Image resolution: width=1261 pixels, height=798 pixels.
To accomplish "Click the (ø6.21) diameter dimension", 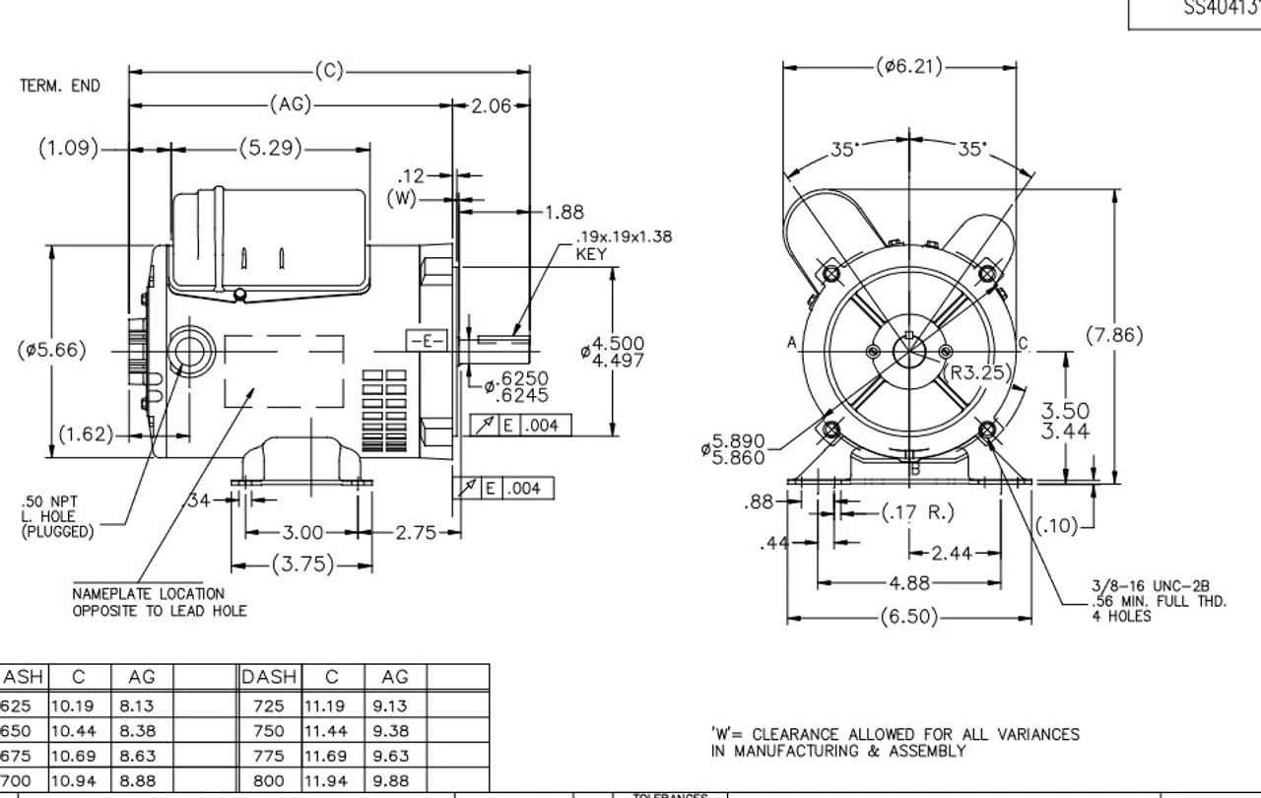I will [908, 67].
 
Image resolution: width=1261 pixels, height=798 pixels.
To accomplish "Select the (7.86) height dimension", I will [1114, 335].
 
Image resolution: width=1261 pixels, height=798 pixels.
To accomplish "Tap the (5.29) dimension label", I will [270, 149].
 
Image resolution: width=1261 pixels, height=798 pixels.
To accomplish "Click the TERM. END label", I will [60, 87].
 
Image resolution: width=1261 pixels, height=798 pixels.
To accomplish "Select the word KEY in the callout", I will [591, 254].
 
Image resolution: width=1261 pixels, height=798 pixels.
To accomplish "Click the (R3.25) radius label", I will [980, 372].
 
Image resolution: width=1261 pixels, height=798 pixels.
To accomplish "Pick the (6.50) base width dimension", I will [908, 618].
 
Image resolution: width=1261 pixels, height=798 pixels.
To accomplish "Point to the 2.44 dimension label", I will [953, 553].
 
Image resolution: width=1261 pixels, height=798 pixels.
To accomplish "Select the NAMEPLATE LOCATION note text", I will [149, 594].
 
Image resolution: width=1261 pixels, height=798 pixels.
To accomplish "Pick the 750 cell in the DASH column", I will [268, 731].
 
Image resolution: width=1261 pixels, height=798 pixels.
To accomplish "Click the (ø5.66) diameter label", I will [52, 350].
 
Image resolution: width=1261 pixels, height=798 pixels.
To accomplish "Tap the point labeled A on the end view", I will [792, 343].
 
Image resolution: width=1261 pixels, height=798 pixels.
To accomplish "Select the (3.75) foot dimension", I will [301, 565].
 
